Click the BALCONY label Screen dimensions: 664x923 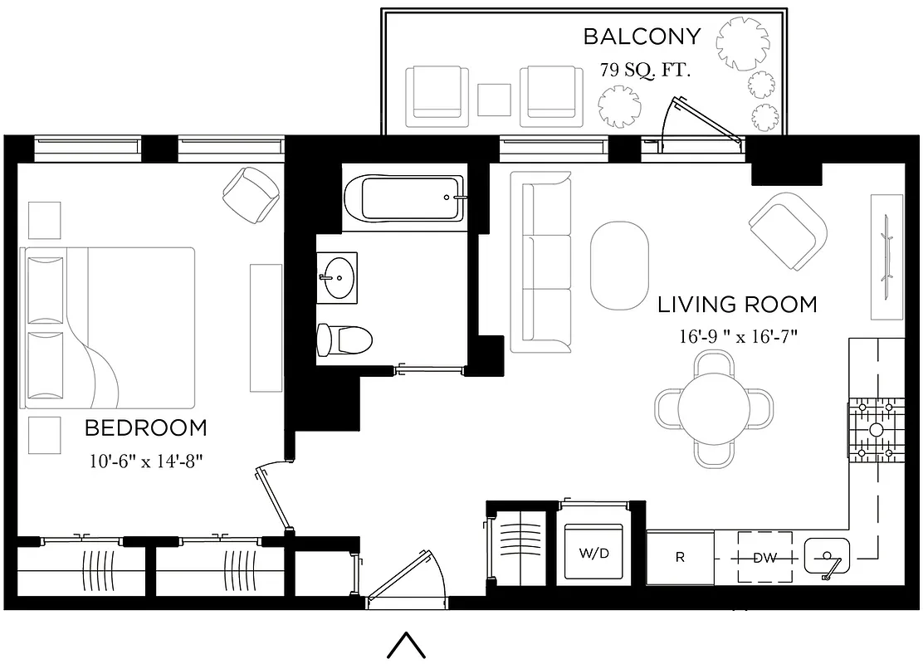click(x=642, y=37)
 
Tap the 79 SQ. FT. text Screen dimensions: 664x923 click(x=645, y=70)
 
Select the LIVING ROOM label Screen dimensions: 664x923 click(x=737, y=305)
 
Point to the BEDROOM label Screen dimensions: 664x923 click(x=146, y=428)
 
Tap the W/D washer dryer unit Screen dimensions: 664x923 click(x=593, y=553)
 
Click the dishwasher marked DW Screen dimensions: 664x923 click(x=764, y=558)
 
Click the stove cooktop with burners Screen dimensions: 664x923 click(x=875, y=429)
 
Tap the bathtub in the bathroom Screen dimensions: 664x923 click(x=403, y=198)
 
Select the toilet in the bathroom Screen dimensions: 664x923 click(x=344, y=339)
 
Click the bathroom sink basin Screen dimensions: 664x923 click(x=337, y=276)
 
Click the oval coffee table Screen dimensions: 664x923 click(x=619, y=265)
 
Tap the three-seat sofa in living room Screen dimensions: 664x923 click(x=540, y=261)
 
